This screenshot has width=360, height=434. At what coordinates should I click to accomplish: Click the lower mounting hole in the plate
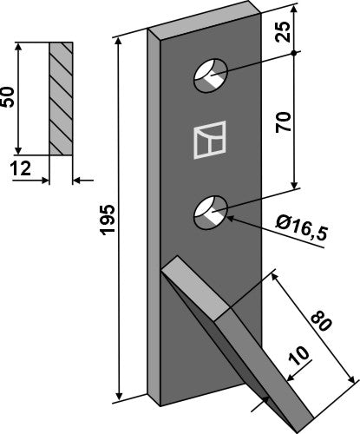coord(212,211)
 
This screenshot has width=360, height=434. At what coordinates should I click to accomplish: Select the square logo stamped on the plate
coord(209,143)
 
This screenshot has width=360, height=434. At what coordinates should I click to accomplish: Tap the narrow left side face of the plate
coord(158,217)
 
